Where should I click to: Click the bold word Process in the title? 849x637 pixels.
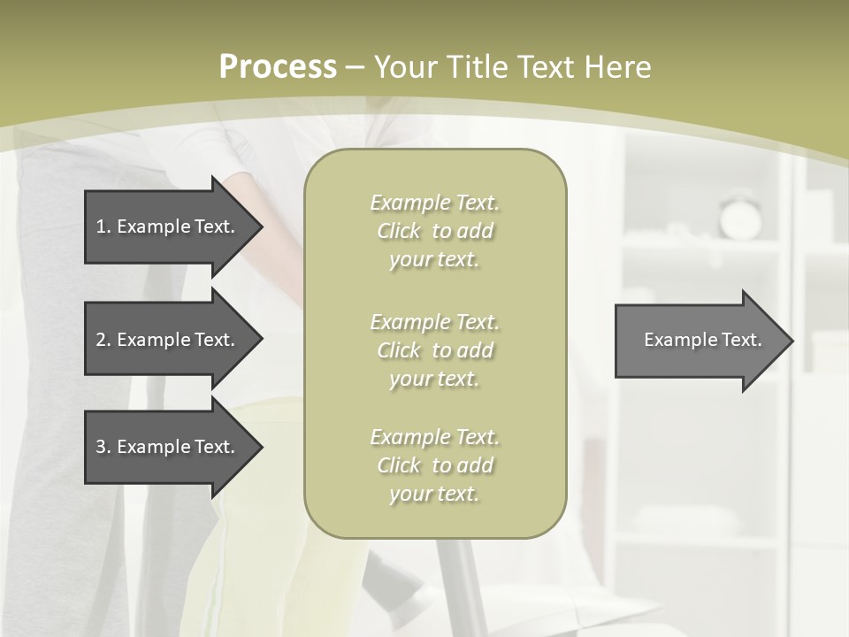pyautogui.click(x=278, y=67)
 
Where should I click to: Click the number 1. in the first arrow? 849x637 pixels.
pyautogui.click(x=103, y=226)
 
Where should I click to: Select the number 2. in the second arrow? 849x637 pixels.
pyautogui.click(x=103, y=340)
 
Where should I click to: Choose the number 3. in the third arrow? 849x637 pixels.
pyautogui.click(x=103, y=447)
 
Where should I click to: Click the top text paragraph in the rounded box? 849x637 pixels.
pyautogui.click(x=434, y=231)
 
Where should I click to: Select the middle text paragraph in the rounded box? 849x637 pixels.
pyautogui.click(x=434, y=350)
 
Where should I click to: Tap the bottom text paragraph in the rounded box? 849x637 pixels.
pyautogui.click(x=434, y=465)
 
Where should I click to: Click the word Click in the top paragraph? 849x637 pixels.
pyautogui.click(x=399, y=232)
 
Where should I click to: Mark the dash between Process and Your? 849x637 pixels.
pyautogui.click(x=356, y=68)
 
